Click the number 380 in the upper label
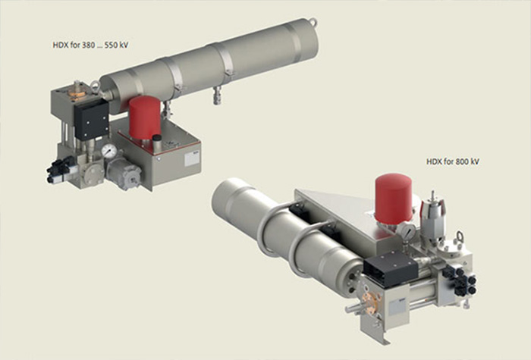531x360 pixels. coord(88,45)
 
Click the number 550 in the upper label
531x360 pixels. coord(112,45)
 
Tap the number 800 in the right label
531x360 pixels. coord(463,161)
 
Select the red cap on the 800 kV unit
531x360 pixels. coord(394,197)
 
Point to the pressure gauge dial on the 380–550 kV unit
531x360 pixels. coord(109,151)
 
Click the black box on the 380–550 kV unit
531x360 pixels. coord(92,120)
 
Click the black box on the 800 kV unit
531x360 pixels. coord(391,270)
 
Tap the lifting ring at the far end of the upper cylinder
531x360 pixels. coord(313,22)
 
